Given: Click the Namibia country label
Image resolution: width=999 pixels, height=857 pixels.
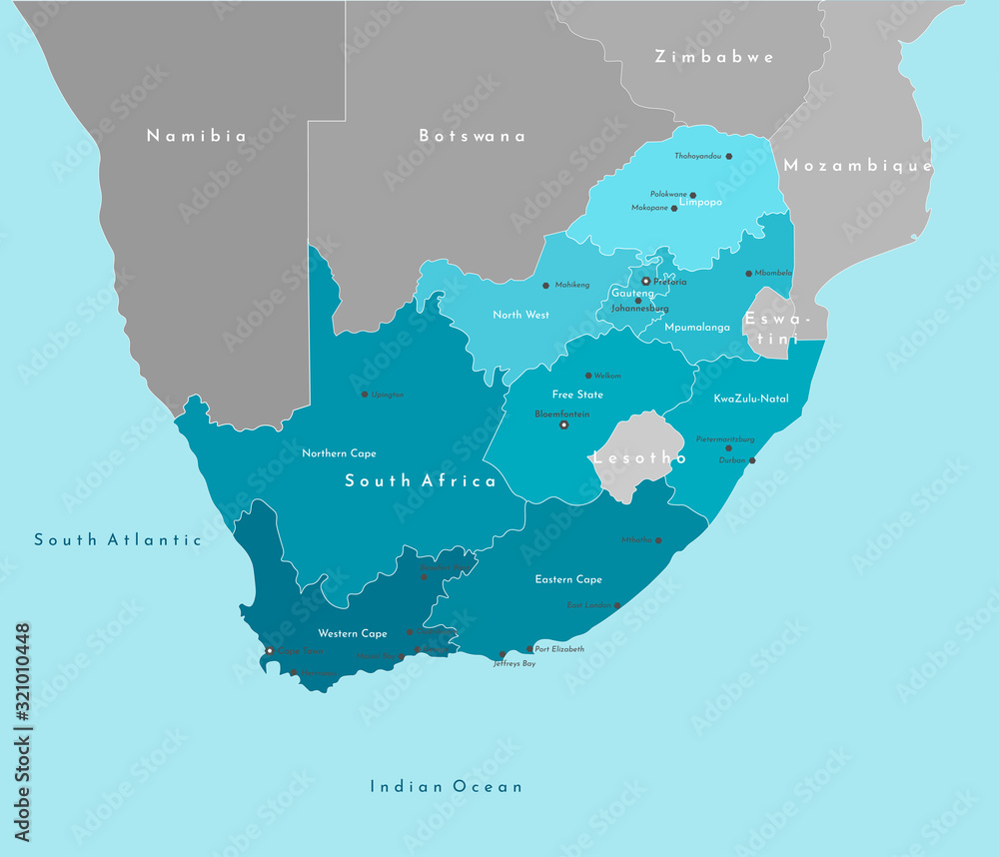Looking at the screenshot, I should coord(196,136).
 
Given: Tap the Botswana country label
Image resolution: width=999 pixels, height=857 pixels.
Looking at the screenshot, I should coord(472,136).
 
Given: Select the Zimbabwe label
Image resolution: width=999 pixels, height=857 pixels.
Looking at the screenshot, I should coord(714,57).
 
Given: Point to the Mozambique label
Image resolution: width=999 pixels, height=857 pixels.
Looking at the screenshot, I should coord(857,166).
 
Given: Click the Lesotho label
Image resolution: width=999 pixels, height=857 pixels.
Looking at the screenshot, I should coord(640,458).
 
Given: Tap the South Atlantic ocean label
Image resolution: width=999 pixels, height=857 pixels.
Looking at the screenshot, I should coord(118,539).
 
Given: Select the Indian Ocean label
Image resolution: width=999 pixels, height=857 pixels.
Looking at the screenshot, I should coord(446,786).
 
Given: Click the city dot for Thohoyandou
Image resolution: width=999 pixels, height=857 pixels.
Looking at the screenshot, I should coord(729,156).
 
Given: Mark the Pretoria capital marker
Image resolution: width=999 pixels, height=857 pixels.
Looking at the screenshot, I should coord(646,281).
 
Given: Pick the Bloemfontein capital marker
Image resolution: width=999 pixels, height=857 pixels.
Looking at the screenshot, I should coord(563,425).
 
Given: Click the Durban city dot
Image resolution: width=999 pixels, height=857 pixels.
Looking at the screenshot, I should coord(752,460).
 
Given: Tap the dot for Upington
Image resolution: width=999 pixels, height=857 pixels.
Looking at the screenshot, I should coord(364,394).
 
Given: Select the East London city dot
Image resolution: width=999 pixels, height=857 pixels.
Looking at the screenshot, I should coord(617,605).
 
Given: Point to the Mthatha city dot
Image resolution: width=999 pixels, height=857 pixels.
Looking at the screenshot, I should coord(657,539).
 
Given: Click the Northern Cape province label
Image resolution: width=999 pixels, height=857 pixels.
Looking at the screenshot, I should coord(339,453).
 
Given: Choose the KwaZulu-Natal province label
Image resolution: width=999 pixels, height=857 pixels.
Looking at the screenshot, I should coord(751,399).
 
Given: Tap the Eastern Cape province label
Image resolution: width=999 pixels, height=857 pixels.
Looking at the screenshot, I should coord(568,579).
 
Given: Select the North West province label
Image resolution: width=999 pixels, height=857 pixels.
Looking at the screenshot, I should coord(520,315).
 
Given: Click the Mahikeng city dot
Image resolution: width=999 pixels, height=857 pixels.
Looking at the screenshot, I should coord(546,285).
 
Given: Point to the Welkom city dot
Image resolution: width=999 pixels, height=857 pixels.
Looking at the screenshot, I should coord(587,376).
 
